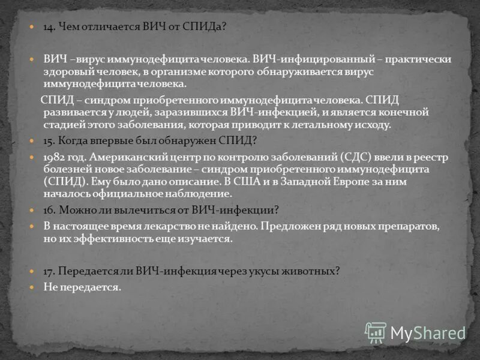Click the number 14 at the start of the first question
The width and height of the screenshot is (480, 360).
[49, 27]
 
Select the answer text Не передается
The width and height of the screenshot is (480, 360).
[82, 287]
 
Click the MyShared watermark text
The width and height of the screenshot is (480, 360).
[428, 332]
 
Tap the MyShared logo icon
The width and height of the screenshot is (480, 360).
[376, 332]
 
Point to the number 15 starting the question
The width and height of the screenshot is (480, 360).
[49, 141]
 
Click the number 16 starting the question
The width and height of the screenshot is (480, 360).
[49, 210]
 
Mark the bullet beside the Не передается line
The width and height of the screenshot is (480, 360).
[34, 287]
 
